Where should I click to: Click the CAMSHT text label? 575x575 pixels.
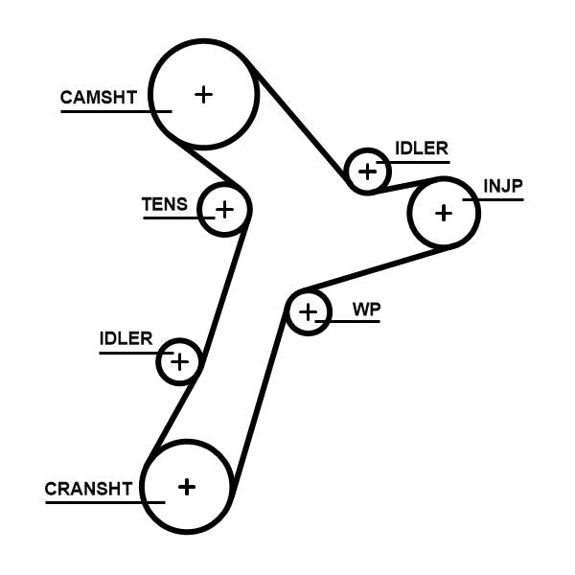coord(99,97)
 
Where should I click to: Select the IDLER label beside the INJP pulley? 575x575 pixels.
coord(421,149)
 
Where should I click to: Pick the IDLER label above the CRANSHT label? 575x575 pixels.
coord(126,338)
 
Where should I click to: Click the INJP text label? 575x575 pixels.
coord(503,186)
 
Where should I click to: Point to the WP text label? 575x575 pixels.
coord(366,310)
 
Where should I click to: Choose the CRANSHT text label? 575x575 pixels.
coord(87,489)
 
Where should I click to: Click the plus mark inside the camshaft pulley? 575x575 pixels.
coord(203,94)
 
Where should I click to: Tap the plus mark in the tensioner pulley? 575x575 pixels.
coord(224,208)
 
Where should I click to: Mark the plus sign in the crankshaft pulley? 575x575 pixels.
coord(187,486)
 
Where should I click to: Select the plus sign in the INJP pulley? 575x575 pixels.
coord(443,212)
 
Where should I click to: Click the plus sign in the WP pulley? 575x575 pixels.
coord(308,311)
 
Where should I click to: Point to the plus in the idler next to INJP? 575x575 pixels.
coord(367,172)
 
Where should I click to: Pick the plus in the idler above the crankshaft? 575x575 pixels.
coord(179,361)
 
